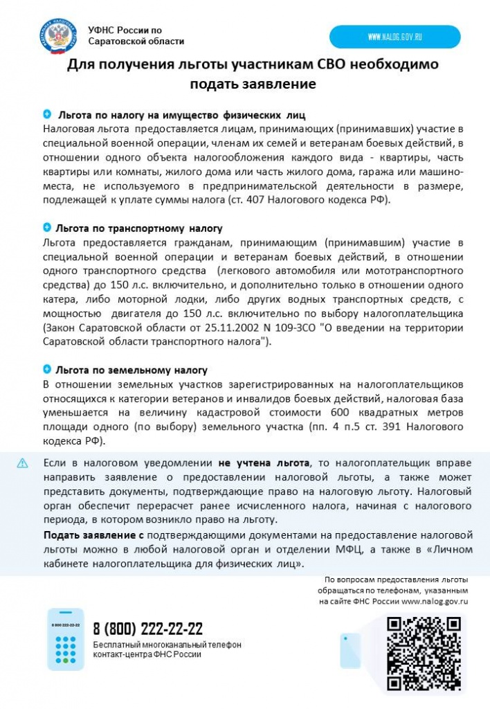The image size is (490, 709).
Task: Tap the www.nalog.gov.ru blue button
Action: coord(394,37)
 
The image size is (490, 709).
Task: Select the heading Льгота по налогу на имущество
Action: coord(181,114)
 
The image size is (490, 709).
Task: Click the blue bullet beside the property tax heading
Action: coord(47,114)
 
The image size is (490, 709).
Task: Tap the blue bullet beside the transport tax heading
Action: coord(47,228)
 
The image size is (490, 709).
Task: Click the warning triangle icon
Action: coord(23,463)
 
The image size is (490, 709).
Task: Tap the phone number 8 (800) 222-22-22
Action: coord(148,629)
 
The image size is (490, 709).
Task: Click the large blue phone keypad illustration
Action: coord(65,639)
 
